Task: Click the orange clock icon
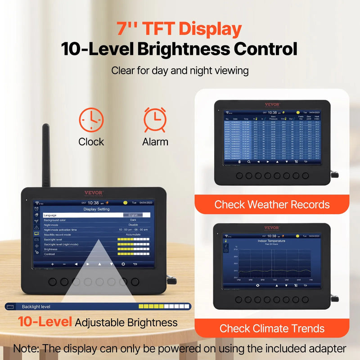pos(91,119)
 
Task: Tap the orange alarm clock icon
pos(155,119)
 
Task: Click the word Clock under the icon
pos(91,142)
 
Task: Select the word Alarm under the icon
pos(155,142)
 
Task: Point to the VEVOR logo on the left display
pos(94,193)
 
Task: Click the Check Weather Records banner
pos(272,205)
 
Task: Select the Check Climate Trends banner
pos(272,328)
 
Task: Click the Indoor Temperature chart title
pos(271,241)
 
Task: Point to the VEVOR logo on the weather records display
pos(272,104)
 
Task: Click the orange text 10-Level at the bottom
pos(45,322)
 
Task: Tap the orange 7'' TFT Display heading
pos(179,29)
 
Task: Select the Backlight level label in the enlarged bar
pos(36,307)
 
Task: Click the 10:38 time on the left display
pos(93,203)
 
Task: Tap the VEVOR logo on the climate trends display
pos(271,228)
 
